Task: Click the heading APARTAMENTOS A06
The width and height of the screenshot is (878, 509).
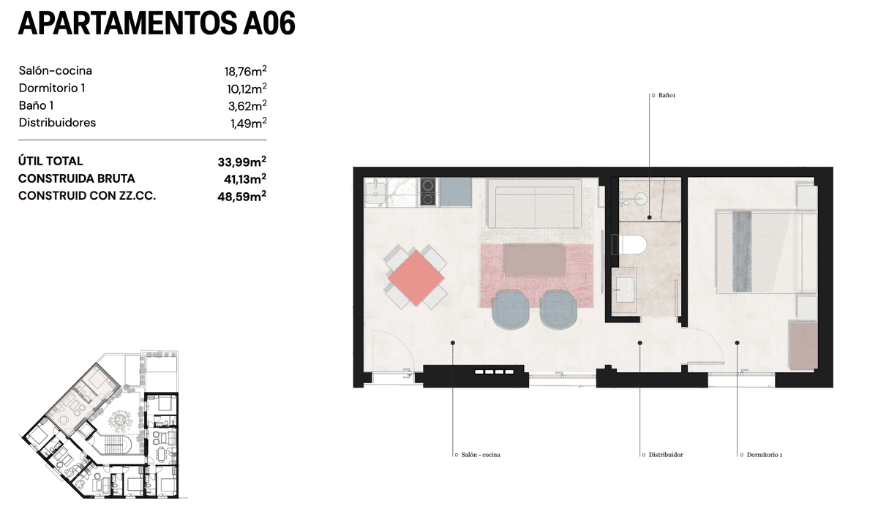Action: click(x=157, y=23)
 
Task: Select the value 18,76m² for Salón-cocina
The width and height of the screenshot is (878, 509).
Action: click(x=245, y=71)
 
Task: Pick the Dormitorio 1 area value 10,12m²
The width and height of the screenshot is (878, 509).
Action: click(x=247, y=88)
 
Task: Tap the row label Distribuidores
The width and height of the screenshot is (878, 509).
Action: click(x=57, y=123)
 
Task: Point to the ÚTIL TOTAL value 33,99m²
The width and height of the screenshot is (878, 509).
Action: click(x=242, y=162)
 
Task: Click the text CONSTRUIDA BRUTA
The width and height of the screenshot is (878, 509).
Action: click(x=76, y=178)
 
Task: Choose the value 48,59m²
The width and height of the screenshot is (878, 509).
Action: click(x=242, y=196)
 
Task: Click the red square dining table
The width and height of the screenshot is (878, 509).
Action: click(x=416, y=278)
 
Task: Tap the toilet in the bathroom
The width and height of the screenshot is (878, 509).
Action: click(x=629, y=244)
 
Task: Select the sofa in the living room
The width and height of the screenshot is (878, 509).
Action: click(x=535, y=204)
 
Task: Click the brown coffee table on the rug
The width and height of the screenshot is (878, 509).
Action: click(x=535, y=261)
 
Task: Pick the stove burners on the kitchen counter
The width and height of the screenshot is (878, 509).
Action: click(x=429, y=192)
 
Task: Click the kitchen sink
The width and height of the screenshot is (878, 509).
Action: click(x=376, y=193)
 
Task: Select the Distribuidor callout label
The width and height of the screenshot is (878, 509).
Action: click(x=663, y=455)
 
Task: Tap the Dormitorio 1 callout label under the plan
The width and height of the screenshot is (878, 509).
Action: click(x=761, y=455)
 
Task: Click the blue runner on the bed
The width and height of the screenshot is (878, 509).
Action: click(x=742, y=252)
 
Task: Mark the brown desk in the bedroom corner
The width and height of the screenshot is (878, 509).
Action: click(x=803, y=345)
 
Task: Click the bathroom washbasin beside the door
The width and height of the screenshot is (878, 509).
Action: click(x=625, y=290)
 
